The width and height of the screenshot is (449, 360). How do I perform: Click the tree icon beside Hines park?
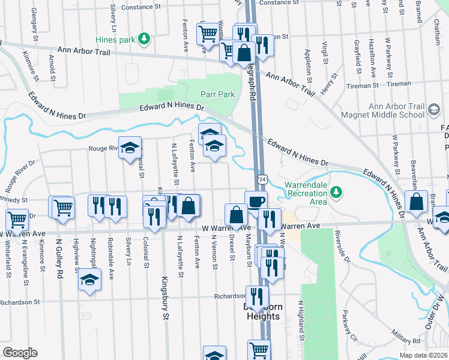pos(143,40)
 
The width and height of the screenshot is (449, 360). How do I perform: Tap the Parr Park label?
pos(217,94)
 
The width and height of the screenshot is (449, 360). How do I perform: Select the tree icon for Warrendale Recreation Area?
pos(337,192)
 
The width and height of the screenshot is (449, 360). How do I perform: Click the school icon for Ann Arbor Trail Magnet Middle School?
pos(434,110)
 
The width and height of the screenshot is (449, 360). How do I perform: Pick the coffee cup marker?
pos(256,202)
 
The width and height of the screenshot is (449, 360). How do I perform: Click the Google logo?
pos(20,353)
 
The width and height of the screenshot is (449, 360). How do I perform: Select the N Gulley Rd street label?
pos(59,259)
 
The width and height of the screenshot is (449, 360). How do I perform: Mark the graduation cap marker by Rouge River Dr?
pos(129,149)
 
